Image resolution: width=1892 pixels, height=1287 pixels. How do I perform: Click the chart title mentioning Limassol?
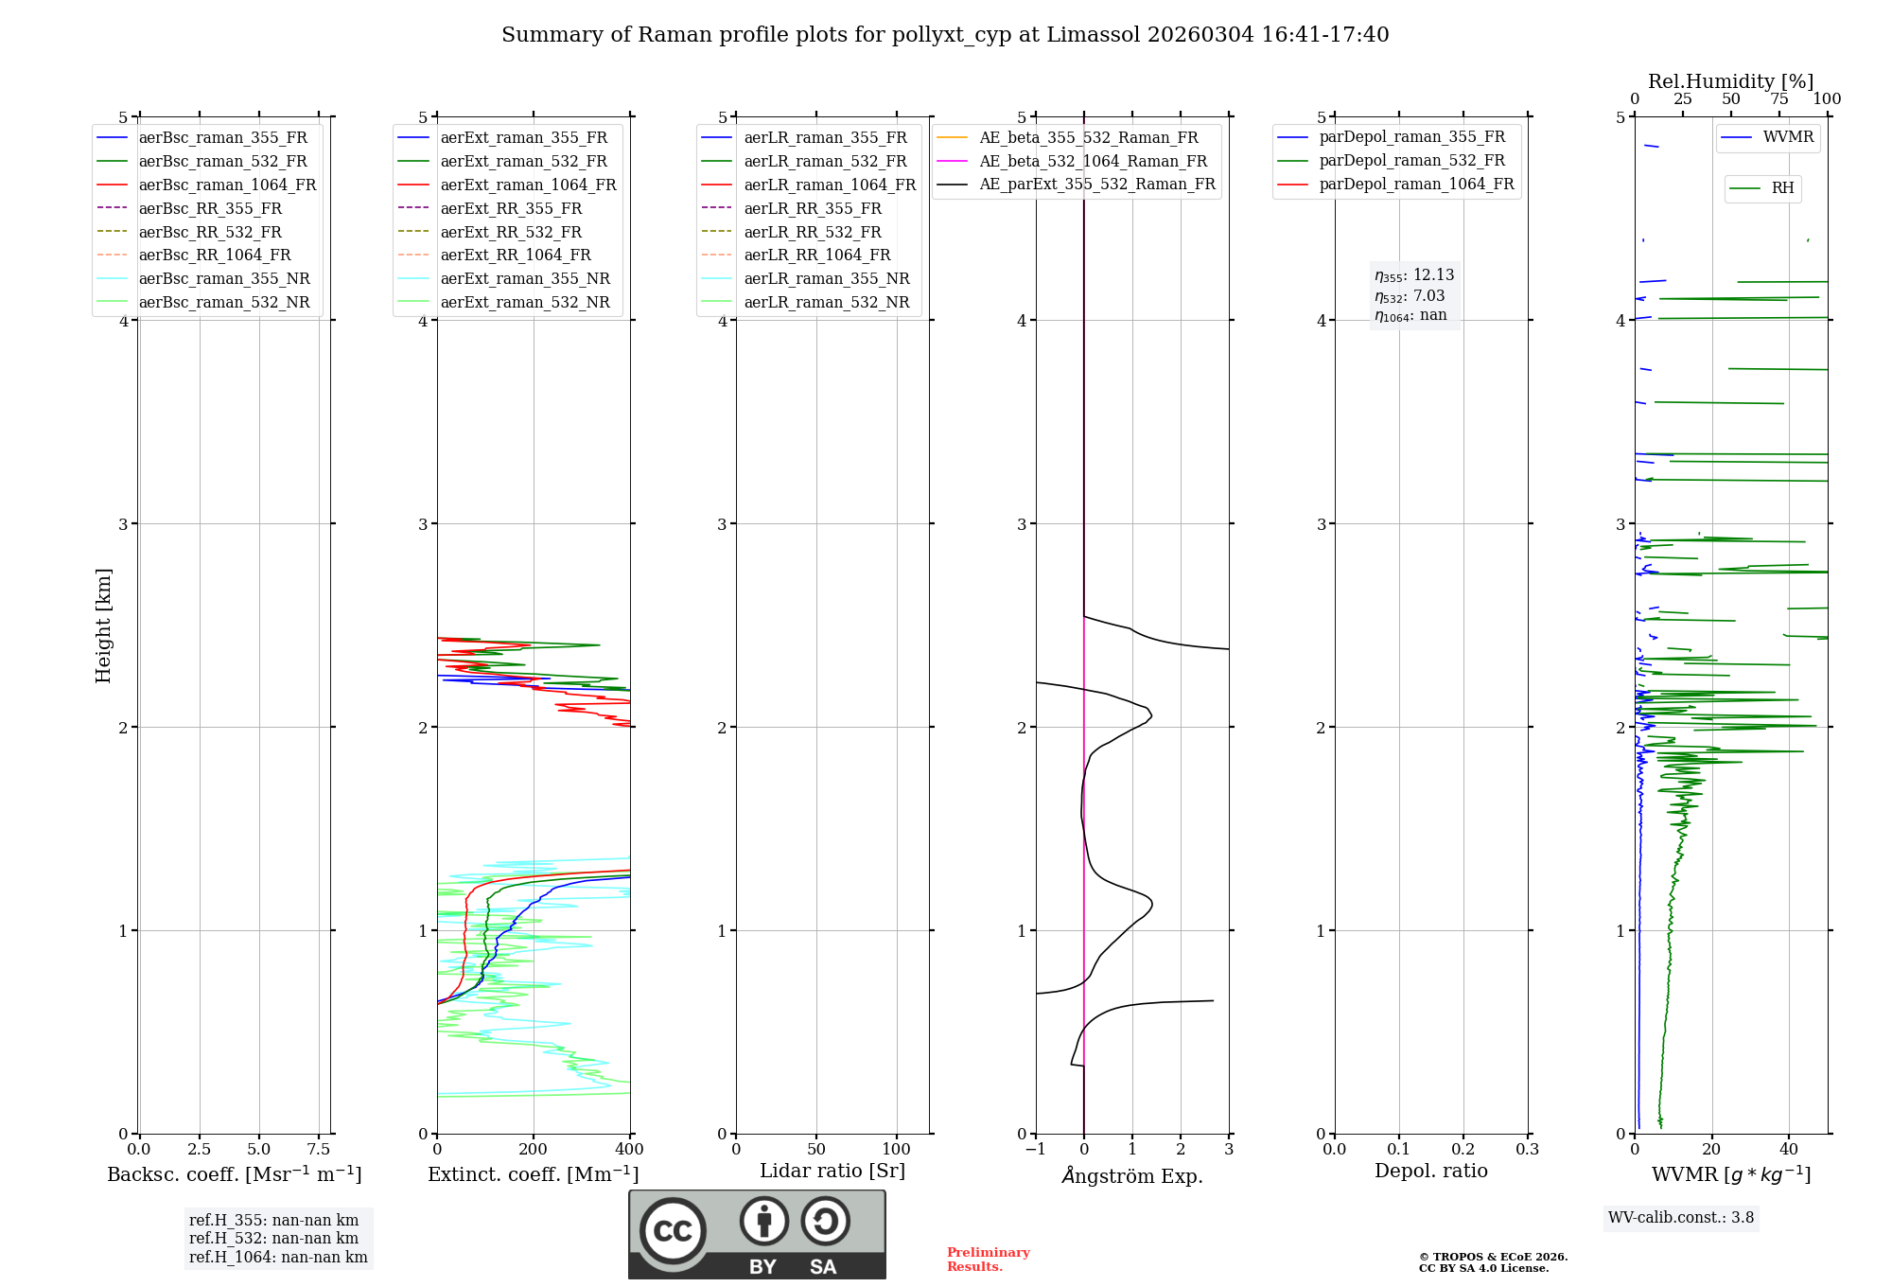pos(945,35)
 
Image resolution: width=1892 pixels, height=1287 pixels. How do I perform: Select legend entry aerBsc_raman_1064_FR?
pos(227,185)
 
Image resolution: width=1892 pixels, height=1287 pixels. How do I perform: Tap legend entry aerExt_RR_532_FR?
pos(511,232)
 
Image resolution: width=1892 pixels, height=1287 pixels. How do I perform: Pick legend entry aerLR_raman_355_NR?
pos(826,278)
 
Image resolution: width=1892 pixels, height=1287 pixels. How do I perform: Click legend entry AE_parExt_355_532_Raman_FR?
pos(1097,184)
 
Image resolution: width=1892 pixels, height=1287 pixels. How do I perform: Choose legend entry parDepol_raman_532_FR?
pos(1411,161)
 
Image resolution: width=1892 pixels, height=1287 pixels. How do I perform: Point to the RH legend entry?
pos(1782,188)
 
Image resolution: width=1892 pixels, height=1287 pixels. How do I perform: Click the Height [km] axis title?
pos(103,625)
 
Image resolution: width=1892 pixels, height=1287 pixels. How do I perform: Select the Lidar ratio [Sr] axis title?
pos(832,1171)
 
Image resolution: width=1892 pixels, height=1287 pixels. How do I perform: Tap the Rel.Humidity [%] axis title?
pos(1730,81)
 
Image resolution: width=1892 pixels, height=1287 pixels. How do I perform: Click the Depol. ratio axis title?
pos(1430,1171)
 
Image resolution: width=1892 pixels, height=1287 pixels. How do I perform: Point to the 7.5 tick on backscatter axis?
pos(319,1150)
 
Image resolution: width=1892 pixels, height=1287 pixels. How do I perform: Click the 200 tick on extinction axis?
pos(534,1150)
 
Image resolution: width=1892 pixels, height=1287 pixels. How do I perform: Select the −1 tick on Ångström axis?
pos(1035,1150)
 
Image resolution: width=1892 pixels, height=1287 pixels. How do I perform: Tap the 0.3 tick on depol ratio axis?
pos(1527,1150)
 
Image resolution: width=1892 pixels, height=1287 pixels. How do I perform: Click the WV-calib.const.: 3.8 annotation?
pos(1680,1218)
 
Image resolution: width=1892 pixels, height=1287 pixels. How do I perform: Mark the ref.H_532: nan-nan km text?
pos(273,1238)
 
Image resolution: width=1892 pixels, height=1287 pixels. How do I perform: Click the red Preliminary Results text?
pos(988,1260)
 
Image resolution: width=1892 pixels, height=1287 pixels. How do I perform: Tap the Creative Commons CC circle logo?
pos(673,1231)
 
